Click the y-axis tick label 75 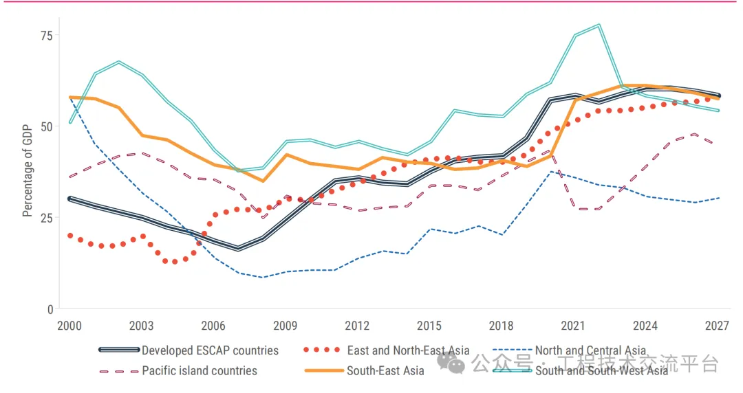point(46,36)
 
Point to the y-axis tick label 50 point(46,127)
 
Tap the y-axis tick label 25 point(46,218)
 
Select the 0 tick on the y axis point(50,310)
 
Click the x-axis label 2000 point(69,326)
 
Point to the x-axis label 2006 point(213,326)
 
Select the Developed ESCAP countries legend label point(210,350)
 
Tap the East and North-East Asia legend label point(408,350)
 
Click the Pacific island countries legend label point(200,371)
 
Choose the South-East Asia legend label point(385,371)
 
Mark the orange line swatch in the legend point(323,371)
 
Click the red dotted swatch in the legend point(323,350)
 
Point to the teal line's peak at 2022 point(599,25)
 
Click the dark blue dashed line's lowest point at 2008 point(261,278)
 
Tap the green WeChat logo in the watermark point(455,362)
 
